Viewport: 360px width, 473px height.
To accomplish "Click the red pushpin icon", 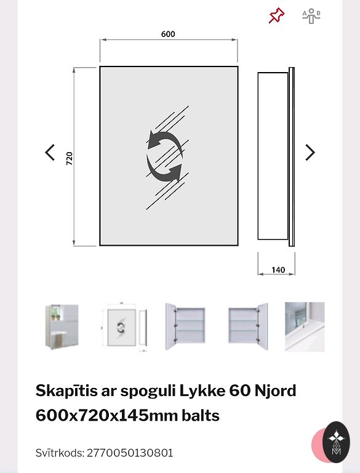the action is coord(276,15).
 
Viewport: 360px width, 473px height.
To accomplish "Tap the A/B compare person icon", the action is coord(311,16).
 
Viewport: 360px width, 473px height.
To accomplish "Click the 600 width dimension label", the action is coord(168,34).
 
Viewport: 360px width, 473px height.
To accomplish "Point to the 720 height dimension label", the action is coord(70,158).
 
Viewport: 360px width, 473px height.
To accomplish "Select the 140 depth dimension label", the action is coord(278,270).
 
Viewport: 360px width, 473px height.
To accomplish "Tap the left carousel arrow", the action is coord(50,152).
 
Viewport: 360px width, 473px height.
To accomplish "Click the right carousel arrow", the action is coord(310,152).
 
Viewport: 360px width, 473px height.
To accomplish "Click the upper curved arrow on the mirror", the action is coord(164,140).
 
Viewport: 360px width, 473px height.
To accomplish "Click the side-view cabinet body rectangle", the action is coord(273,156).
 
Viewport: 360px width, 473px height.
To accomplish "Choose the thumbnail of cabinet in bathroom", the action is coord(62,326).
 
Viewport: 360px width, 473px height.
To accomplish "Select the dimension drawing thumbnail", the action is coord(124,326).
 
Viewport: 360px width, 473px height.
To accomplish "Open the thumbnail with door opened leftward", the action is coord(185,326).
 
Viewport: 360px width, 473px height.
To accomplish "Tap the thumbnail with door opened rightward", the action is coord(248,326).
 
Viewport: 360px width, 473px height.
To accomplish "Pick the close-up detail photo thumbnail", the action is coord(305,326).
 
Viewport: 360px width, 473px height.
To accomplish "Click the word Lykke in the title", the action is coord(202,391).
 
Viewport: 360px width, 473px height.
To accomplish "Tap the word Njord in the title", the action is coord(275,391).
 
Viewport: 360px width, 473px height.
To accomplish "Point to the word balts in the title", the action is coord(201,416).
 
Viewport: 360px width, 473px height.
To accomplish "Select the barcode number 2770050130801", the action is coord(130,453).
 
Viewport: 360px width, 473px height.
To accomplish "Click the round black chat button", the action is coord(336,442).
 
